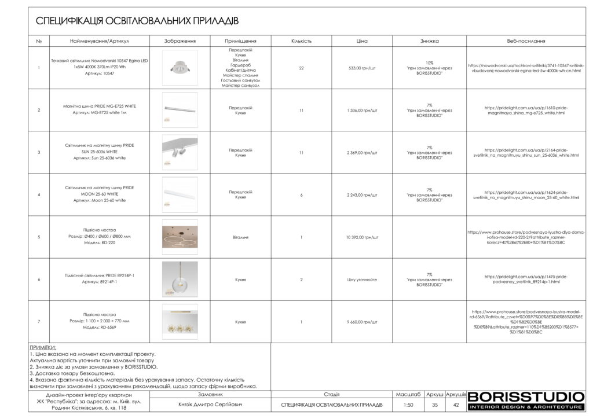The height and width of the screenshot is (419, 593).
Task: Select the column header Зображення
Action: [x=180, y=42]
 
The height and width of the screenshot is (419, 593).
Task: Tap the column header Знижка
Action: [x=429, y=42]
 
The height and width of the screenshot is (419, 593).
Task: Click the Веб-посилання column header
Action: [x=526, y=42]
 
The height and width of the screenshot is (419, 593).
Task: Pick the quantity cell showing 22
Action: [x=301, y=68]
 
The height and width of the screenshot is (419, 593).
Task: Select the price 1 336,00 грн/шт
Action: [x=363, y=110]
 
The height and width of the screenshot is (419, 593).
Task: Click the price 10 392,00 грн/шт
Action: [x=363, y=237]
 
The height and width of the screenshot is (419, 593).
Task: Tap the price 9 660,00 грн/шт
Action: [x=363, y=322]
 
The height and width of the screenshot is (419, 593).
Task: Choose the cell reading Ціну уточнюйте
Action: [x=363, y=280]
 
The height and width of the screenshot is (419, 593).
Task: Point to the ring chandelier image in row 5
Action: [x=180, y=237]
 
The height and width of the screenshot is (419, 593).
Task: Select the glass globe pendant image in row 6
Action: [x=180, y=280]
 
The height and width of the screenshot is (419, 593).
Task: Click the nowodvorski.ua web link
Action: [x=526, y=68]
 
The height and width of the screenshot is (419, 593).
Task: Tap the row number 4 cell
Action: [x=39, y=195]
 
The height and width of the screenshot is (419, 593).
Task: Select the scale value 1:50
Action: [x=409, y=405]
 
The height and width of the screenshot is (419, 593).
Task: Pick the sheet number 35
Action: [x=434, y=405]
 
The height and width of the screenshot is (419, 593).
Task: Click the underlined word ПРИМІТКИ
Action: [x=42, y=348]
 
